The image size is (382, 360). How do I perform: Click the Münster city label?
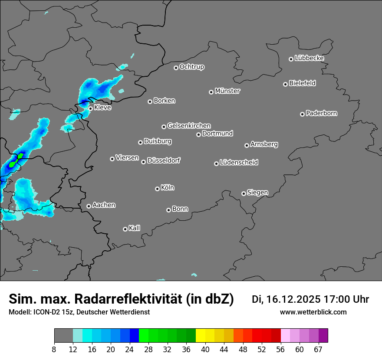pos(227,91)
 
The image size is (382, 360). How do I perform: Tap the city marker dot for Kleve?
pos(90,108)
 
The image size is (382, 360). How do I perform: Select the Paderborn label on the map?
pos(322,113)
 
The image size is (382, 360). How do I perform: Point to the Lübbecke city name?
pos(309,58)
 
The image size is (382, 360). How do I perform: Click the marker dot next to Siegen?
pos(244,193)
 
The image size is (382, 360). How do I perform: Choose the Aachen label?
pos(104,205)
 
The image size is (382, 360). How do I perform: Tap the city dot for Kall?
pos(125,229)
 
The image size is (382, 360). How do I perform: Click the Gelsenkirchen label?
pos(189,126)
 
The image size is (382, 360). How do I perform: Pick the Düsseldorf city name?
pos(164,160)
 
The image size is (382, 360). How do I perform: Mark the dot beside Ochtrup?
pos(176,68)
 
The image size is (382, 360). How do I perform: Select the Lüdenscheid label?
pos(239,163)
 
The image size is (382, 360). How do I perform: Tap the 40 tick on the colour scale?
pos(205,349)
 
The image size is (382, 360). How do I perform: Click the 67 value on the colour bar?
pos(318,349)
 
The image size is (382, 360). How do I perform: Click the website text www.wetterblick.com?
pos(313,312)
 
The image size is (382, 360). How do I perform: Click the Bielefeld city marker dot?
pos(285,84)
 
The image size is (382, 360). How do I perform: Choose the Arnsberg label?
pos(264,144)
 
